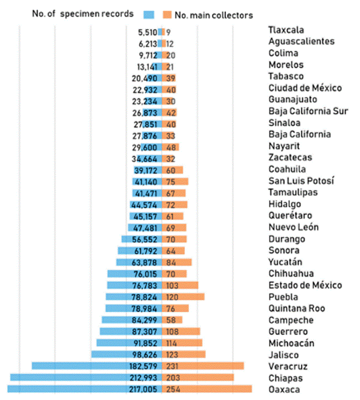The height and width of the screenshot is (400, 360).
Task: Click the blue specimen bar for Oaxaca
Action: [67, 389]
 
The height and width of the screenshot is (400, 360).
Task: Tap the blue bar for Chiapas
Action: [67, 377]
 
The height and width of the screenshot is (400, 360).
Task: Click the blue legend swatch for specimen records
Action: [149, 14]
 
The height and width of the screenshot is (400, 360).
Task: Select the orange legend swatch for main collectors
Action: [167, 14]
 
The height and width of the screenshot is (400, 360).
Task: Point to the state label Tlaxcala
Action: [286, 30]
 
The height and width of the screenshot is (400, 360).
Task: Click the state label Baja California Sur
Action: [308, 111]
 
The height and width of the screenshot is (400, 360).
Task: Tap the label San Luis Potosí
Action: [301, 181]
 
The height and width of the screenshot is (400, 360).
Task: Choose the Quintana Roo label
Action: [297, 308]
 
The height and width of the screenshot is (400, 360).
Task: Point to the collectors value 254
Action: [173, 389]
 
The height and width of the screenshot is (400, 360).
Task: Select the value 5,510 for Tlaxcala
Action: [147, 32]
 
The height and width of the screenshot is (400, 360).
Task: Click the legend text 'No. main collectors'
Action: [214, 15]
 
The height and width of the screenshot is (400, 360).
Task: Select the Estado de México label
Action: [305, 285]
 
